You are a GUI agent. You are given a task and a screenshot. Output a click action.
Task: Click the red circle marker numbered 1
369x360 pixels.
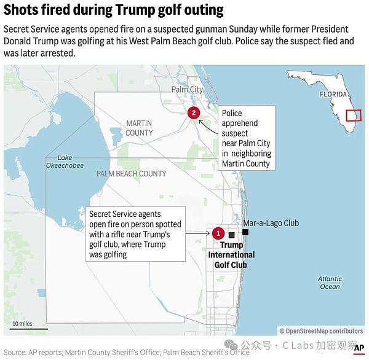click(218, 233)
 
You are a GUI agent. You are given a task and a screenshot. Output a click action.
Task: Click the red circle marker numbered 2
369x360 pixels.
click(194, 112)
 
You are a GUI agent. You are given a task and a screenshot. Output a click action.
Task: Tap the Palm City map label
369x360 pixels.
click(187, 90)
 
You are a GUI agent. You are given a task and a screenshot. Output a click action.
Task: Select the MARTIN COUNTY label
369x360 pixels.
click(139, 128)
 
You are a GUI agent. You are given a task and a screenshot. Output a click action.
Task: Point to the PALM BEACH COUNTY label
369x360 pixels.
click(131, 174)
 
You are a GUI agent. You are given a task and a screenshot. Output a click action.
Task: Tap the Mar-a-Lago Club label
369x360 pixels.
click(271, 223)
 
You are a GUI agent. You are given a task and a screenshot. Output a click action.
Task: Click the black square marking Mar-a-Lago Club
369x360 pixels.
click(245, 232)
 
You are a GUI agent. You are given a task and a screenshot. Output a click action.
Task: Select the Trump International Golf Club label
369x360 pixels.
click(231, 255)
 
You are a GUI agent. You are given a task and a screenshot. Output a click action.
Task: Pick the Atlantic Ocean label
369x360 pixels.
click(330, 283)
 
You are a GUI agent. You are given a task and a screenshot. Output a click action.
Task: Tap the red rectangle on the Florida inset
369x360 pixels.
click(353, 115)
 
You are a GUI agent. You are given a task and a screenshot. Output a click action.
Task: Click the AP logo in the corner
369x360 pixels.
click(359, 348)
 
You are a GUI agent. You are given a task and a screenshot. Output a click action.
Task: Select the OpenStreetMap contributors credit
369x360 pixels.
click(320, 331)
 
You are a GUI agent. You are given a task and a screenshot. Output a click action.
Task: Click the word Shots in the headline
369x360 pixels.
click(23, 10)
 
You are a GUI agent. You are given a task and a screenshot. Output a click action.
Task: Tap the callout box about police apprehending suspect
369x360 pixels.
click(245, 138)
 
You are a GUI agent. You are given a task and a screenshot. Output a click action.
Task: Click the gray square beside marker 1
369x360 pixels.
click(231, 235)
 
